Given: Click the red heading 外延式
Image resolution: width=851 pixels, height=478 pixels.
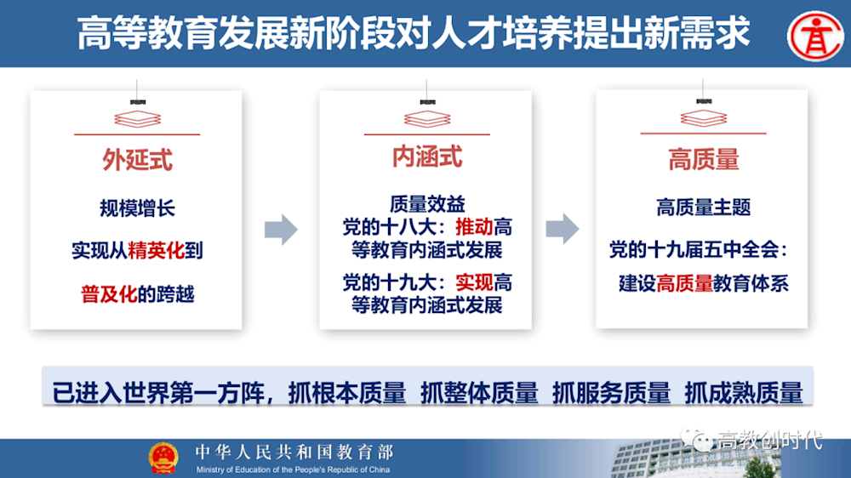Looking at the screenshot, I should point(137,160).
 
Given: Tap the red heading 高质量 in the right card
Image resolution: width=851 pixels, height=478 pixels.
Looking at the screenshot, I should point(703,159).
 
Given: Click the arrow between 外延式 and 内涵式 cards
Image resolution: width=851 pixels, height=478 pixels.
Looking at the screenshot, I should point(281,229).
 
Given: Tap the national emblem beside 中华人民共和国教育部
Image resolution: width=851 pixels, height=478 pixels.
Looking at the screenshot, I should point(163,458).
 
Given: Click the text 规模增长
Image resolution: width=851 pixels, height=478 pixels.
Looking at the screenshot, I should point(137,208).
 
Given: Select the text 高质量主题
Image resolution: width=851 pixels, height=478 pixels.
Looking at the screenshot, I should point(703,207).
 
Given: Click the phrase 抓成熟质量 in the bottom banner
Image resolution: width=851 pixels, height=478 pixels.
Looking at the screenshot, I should point(743,393).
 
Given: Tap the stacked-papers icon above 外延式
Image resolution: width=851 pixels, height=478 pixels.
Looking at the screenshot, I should point(137,118).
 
